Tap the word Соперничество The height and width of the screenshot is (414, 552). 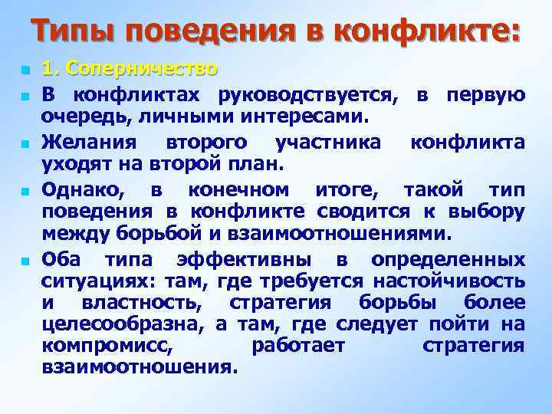coord(142,70)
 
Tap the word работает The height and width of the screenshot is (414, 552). coord(298,346)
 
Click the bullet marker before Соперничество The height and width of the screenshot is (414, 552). coord(25,71)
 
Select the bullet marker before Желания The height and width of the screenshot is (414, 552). coord(25,143)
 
